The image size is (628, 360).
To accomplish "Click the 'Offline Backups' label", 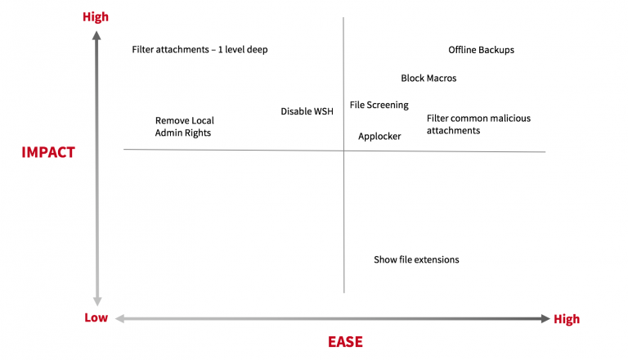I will point(481,50).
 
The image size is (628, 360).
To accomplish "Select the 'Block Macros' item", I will point(428,79).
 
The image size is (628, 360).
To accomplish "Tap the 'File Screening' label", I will point(379,105).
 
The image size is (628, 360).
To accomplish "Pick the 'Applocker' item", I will point(379,137).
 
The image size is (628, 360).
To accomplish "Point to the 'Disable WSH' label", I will point(307,111).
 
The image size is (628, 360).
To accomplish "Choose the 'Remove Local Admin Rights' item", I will point(184,126).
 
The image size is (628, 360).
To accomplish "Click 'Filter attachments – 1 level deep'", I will point(200,50).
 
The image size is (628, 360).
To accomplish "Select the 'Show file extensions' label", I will point(416,260).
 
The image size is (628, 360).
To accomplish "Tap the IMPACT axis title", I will point(48,152).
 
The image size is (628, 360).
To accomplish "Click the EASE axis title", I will point(346,342).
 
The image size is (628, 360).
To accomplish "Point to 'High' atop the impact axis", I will point(96,16).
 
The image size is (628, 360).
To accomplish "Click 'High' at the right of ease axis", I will point(566,319).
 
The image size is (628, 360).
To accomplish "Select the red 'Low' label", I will point(96,318).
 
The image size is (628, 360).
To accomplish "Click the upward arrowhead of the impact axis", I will point(96,35).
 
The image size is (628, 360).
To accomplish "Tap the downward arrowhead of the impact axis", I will point(96,300).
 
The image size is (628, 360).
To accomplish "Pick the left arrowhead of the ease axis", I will point(119,318).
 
